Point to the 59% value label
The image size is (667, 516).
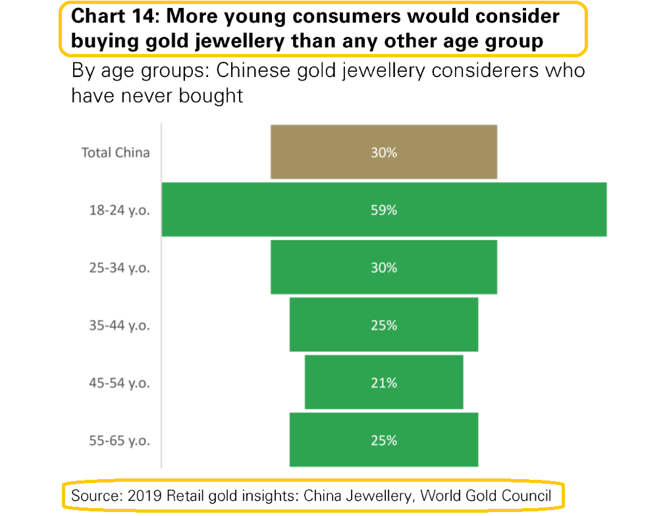383,211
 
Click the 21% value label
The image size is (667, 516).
383,382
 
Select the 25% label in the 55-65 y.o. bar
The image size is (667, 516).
383,440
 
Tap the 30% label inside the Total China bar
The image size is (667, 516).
383,152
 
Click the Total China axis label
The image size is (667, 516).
115,153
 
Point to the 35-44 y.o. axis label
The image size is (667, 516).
119,325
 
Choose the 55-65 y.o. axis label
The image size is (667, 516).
119,440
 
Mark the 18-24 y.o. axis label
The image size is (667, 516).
119,211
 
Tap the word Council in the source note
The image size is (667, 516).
525,496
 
